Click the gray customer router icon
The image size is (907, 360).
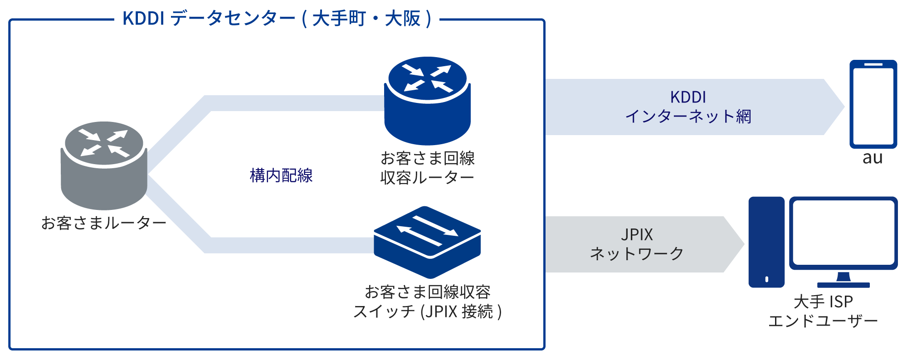(104, 165)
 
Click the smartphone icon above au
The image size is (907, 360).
(873, 104)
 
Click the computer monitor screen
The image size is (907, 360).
(844, 233)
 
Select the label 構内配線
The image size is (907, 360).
(281, 175)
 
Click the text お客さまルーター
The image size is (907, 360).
(104, 223)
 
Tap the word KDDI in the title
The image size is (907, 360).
(143, 19)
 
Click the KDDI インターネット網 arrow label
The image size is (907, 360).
(688, 107)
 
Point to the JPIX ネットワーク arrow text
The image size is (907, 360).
(637, 244)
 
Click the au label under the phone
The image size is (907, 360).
(873, 158)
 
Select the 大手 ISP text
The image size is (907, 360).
(823, 302)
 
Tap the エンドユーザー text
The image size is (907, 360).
(823, 321)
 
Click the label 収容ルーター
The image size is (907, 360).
(427, 178)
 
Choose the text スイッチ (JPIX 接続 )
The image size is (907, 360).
(427, 311)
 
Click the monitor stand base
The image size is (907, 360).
(844, 285)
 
